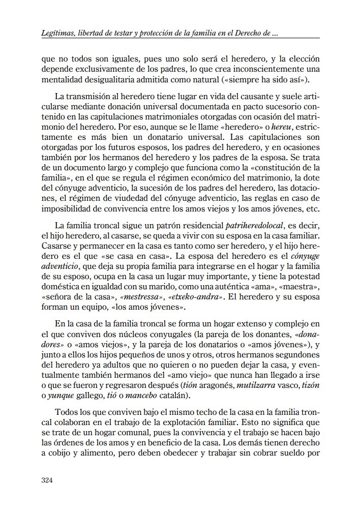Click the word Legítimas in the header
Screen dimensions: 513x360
[57, 34]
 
